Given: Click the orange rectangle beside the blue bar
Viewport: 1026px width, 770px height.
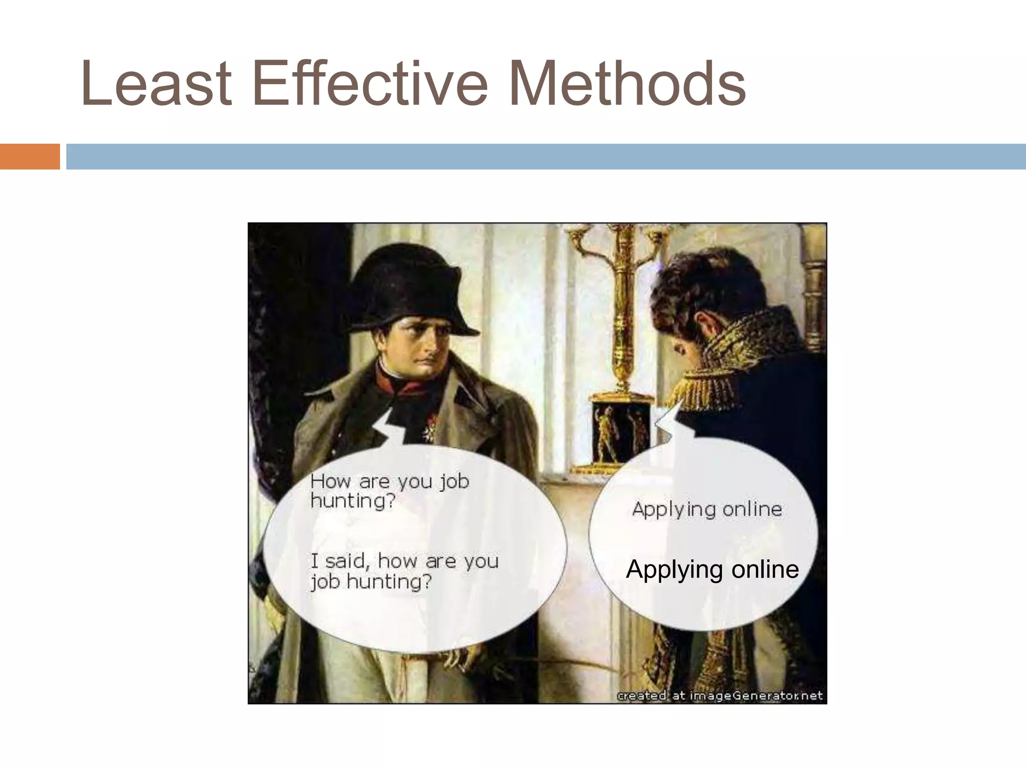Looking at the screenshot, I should [x=30, y=156].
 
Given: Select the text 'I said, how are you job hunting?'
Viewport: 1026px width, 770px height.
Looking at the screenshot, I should [x=404, y=570].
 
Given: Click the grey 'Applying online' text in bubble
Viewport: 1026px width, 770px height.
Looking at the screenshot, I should [x=706, y=509].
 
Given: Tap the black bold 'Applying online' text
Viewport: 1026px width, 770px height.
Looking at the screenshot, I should [x=712, y=569].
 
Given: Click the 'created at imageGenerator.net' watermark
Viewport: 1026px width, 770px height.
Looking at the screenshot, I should [x=719, y=696].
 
